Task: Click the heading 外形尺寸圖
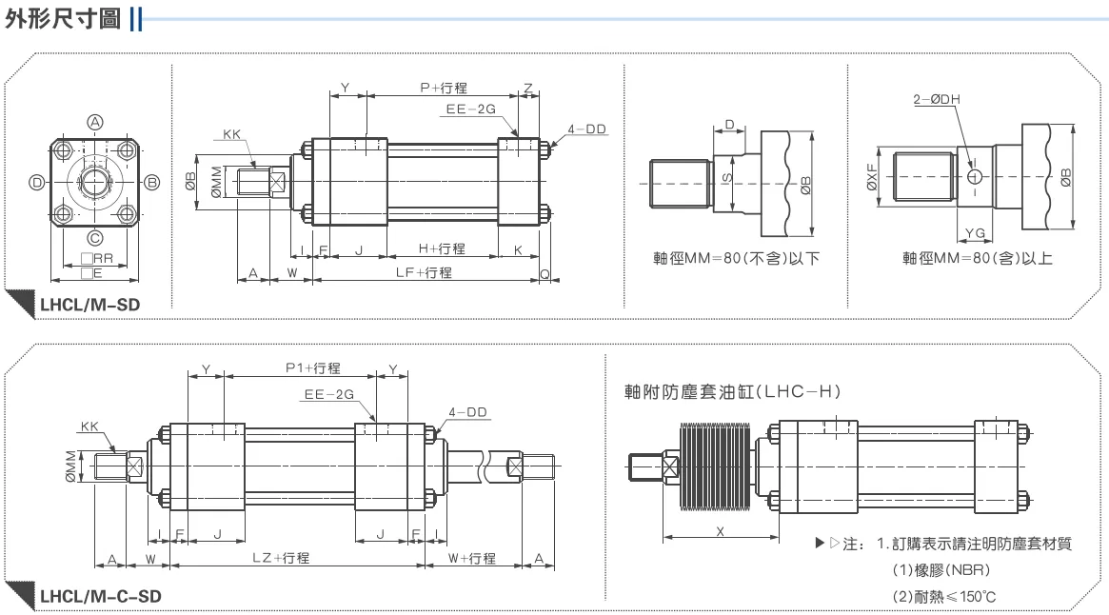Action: (x=63, y=18)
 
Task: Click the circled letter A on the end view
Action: (x=95, y=123)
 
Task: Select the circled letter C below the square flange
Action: (x=95, y=239)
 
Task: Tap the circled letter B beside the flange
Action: (x=152, y=183)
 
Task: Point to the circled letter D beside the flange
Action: (x=37, y=183)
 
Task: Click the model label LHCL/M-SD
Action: (x=89, y=305)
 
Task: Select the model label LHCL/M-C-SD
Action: (x=101, y=597)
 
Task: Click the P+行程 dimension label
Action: (x=444, y=88)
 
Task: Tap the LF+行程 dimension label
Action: (x=424, y=272)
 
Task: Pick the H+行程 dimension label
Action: (x=442, y=248)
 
